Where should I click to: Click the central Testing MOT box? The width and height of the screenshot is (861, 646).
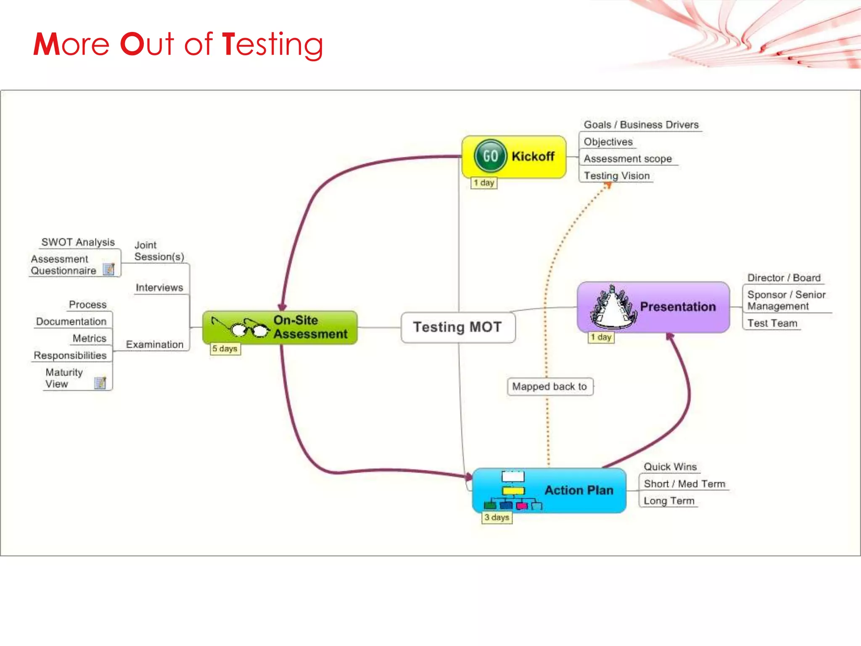point(457,327)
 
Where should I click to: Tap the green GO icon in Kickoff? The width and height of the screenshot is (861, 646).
point(490,156)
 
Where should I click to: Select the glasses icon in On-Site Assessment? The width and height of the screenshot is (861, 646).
point(242,328)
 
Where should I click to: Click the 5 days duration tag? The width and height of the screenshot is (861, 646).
point(225,349)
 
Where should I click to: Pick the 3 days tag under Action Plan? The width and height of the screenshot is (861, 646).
point(497,517)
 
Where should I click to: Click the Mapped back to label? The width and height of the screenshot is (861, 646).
point(549,387)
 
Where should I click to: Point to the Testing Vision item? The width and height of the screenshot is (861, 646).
point(616,176)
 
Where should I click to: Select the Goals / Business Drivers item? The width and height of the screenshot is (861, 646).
point(641,125)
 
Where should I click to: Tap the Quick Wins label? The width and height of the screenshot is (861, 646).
point(670,467)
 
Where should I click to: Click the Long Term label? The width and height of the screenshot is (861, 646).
point(668,501)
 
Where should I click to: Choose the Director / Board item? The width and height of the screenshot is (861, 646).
point(784,278)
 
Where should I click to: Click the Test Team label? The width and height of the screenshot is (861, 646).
point(772,323)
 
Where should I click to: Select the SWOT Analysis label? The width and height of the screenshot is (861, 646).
point(78,242)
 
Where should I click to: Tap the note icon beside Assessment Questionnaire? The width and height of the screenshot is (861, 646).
point(109,269)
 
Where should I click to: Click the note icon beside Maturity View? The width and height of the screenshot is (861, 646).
point(100,383)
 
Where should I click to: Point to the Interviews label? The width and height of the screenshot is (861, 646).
point(159,288)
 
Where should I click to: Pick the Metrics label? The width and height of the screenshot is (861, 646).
point(89,339)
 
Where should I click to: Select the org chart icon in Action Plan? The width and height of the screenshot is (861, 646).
point(513,490)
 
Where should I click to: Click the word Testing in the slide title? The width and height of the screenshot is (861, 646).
point(272,44)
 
